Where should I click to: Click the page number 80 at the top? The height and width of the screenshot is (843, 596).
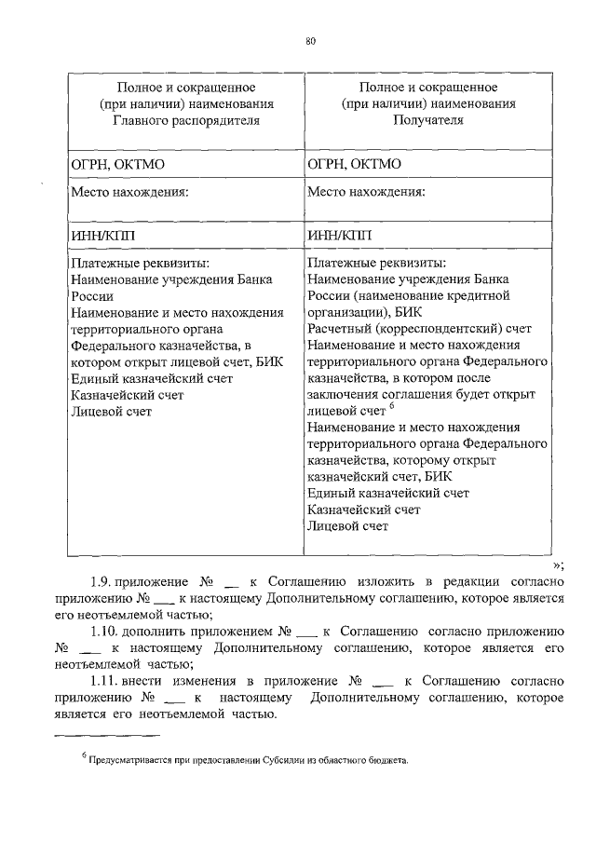click(x=309, y=40)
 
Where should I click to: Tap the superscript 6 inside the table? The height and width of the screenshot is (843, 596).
click(x=393, y=405)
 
